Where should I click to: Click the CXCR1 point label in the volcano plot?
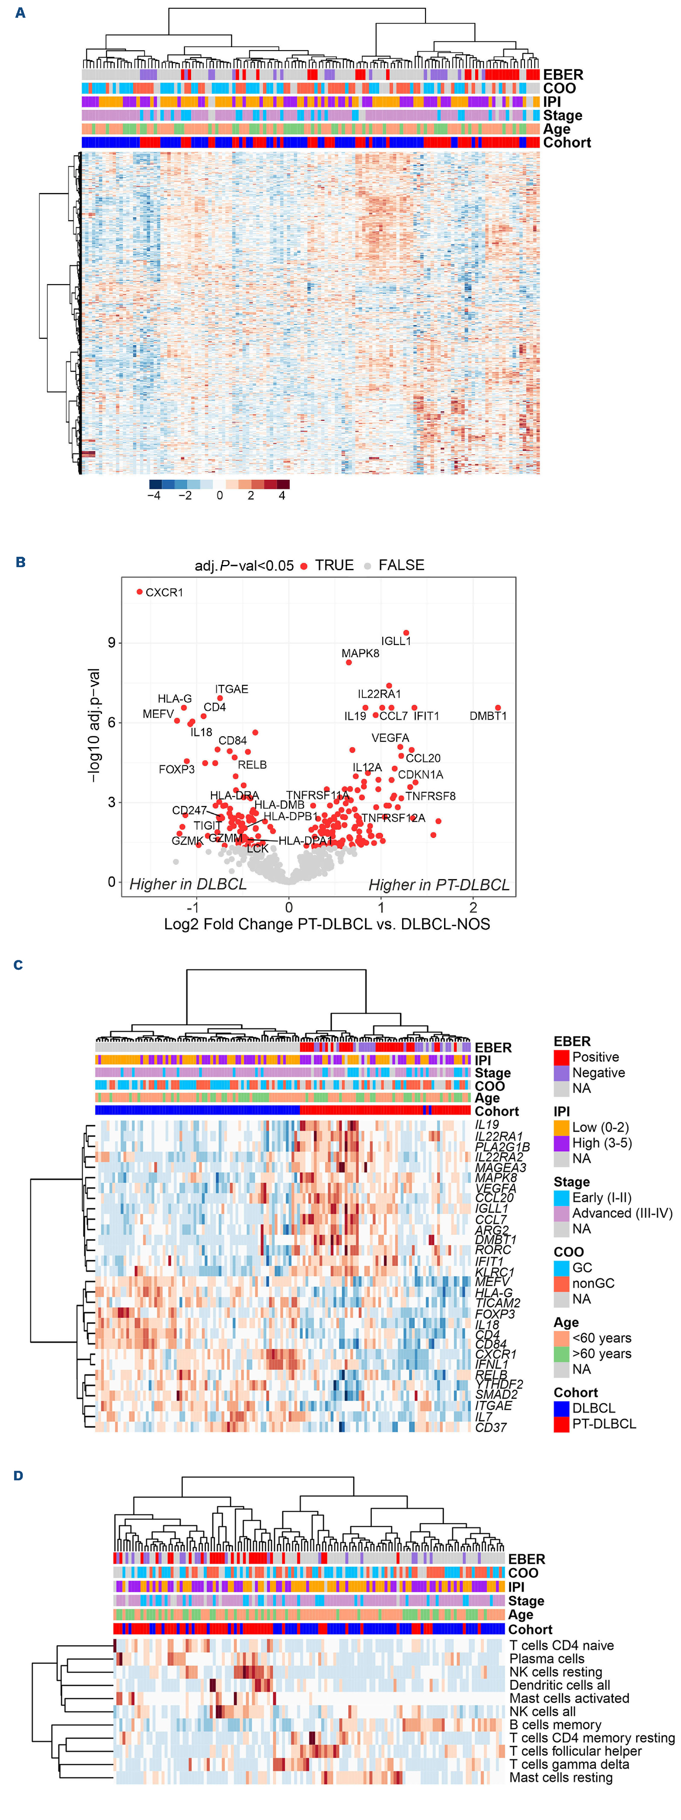click(164, 592)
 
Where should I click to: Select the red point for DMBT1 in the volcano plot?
click(498, 707)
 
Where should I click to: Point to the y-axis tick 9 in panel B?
click(111, 642)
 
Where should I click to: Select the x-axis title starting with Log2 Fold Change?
click(326, 924)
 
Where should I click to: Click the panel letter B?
click(20, 562)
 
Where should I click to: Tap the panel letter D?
click(18, 1475)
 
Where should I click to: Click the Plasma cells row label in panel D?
click(547, 1658)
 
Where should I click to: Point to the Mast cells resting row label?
click(561, 1777)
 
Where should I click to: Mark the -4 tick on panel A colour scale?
click(154, 495)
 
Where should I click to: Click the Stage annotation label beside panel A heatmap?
click(563, 115)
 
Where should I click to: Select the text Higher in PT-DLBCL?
click(439, 885)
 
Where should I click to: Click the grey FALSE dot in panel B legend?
click(368, 566)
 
